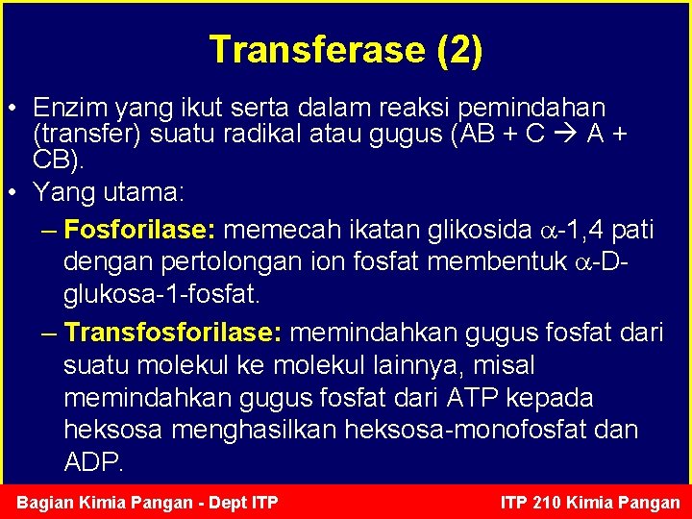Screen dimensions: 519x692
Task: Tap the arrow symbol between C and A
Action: point(565,134)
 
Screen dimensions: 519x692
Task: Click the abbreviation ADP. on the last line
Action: point(93,462)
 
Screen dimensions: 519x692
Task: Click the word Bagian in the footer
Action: point(48,502)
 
